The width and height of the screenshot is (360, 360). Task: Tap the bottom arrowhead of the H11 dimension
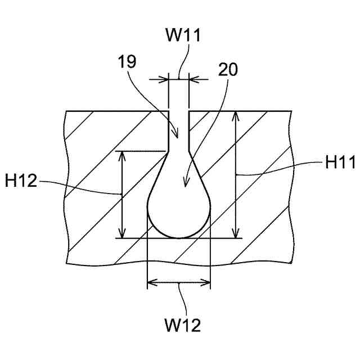pos(236,234)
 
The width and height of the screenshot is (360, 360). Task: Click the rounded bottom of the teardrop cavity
pos(178,235)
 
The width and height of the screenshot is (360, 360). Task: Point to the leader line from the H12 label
pos(79,187)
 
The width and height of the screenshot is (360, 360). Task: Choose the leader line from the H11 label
pos(281,169)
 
